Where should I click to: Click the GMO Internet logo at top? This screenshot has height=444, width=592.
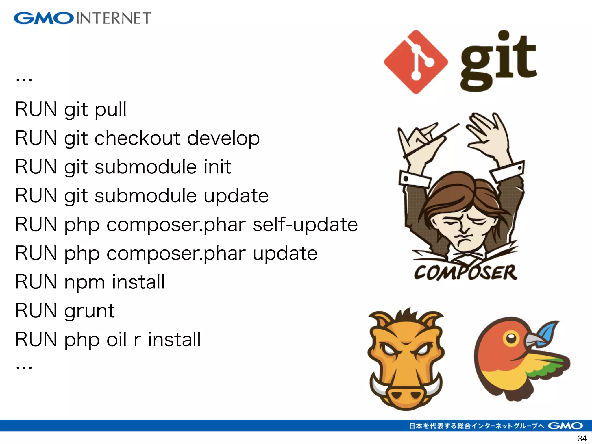coord(82,18)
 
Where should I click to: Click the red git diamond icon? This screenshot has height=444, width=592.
coord(416,62)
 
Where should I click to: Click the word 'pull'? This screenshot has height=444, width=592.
coord(111,110)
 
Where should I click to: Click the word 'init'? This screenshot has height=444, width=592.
coord(217,167)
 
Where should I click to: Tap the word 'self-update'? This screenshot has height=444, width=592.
coord(305,225)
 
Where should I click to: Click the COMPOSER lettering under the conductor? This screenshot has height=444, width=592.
coord(465,272)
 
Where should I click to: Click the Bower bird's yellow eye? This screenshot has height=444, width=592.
coord(511,338)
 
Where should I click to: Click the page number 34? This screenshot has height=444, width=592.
coord(582,438)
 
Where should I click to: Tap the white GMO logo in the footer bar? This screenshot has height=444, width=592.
coord(565,425)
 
